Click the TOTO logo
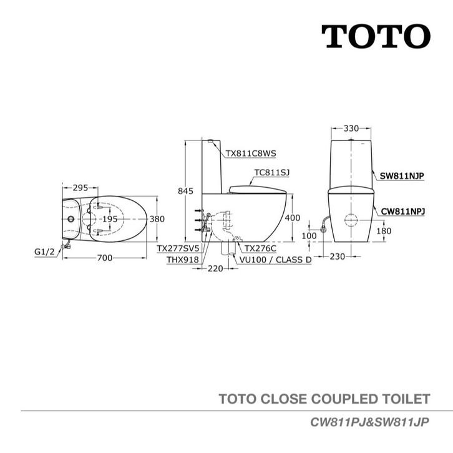[376, 37]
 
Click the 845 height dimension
[185, 192]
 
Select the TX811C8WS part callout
[250, 153]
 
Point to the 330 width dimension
[351, 129]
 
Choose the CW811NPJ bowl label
[402, 212]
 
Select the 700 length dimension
[104, 258]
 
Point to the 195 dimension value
[110, 219]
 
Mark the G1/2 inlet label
[44, 252]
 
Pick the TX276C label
[260, 248]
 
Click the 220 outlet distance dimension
[215, 270]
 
